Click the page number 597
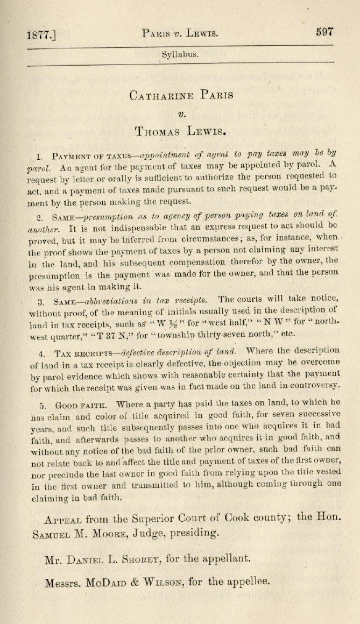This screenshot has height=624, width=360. (325, 32)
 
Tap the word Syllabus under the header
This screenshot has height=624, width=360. (180, 54)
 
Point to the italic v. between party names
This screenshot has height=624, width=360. (181, 113)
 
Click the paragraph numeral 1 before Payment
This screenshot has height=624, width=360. (39, 157)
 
